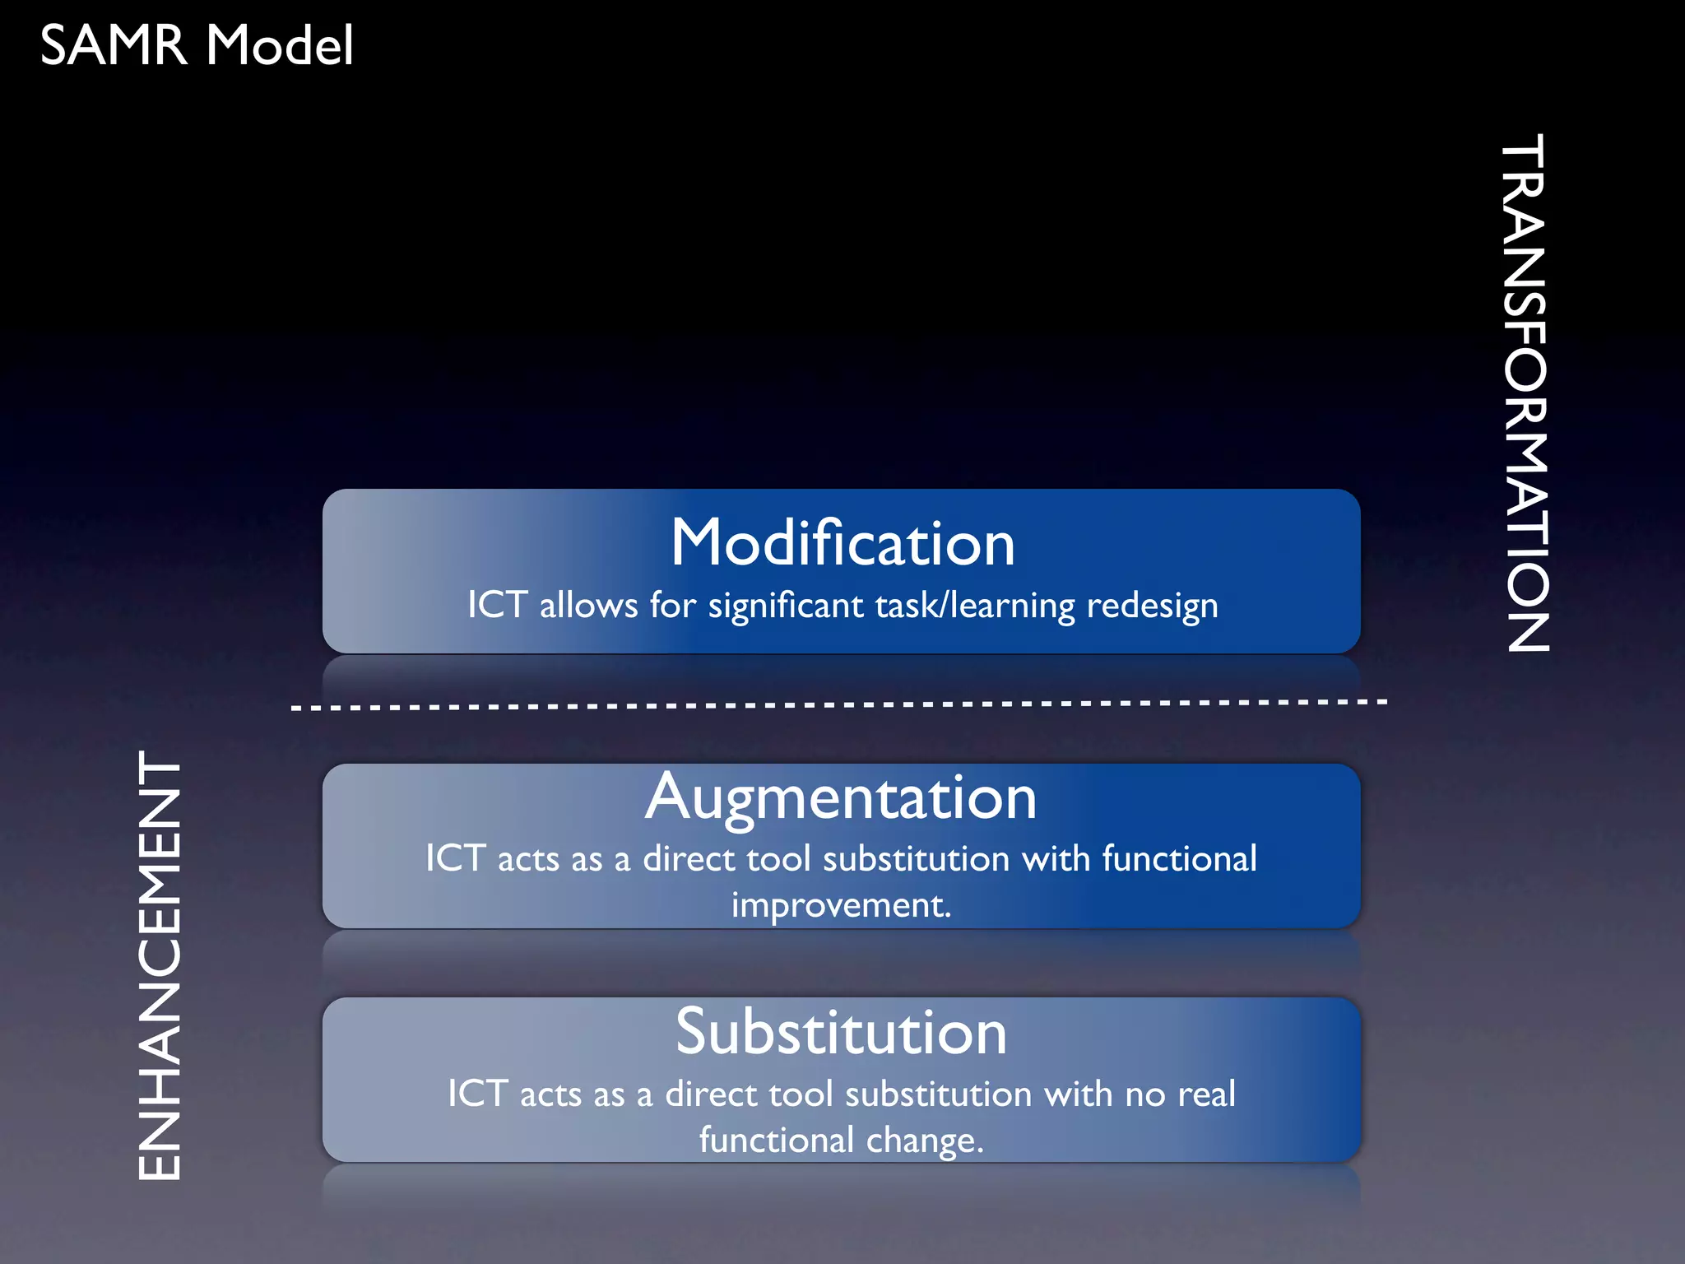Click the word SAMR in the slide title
click(x=114, y=45)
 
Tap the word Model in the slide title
click(x=280, y=45)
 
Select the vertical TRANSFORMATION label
click(x=1527, y=393)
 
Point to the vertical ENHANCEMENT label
click(x=159, y=965)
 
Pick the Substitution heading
click(x=841, y=1032)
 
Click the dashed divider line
click(x=839, y=705)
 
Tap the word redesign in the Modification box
click(x=1152, y=606)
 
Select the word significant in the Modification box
click(x=785, y=606)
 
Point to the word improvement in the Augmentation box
click(x=841, y=905)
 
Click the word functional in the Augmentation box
click(x=1179, y=859)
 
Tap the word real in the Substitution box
click(x=1207, y=1094)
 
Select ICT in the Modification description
click(x=497, y=605)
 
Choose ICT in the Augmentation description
click(x=455, y=858)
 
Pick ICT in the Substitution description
click(x=477, y=1094)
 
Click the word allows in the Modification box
click(x=588, y=606)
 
